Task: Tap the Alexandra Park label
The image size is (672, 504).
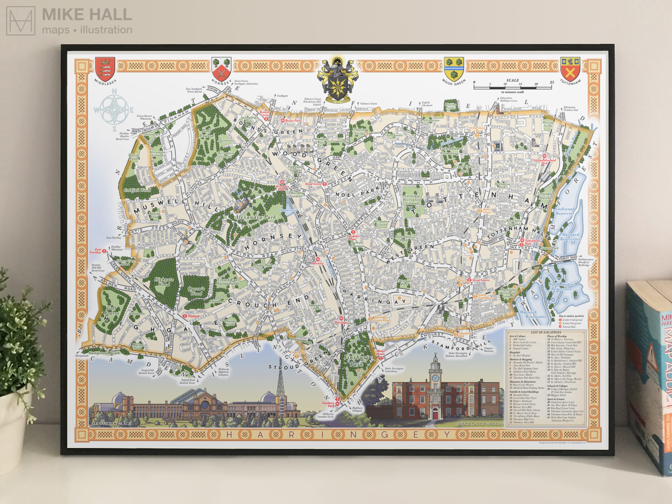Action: [255, 217]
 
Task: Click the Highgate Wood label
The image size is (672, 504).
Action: [164, 282]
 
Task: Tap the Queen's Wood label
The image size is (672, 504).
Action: [196, 291]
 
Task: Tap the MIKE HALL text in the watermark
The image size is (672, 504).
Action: [87, 15]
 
